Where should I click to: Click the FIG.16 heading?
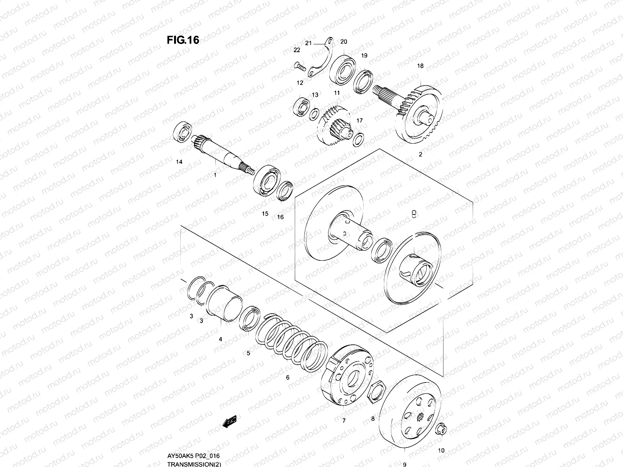pyautogui.click(x=183, y=40)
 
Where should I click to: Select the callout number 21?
pyautogui.click(x=308, y=43)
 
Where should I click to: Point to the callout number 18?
pyautogui.click(x=420, y=66)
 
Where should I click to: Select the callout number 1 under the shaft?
pyautogui.click(x=215, y=175)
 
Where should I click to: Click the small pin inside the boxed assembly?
pyautogui.click(x=414, y=213)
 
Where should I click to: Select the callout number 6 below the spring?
pyautogui.click(x=288, y=377)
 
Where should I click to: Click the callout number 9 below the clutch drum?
pyautogui.click(x=405, y=464)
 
